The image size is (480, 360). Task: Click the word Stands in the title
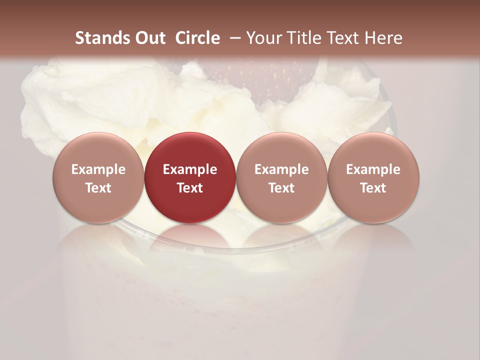pyautogui.click(x=100, y=38)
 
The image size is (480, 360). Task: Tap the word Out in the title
pyautogui.click(x=149, y=38)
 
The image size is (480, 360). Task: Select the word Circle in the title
pyautogui.click(x=197, y=38)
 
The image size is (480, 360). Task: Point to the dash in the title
pyautogui.click(x=233, y=38)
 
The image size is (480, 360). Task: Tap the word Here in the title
pyautogui.click(x=384, y=38)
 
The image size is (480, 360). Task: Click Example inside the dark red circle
pyautogui.click(x=190, y=169)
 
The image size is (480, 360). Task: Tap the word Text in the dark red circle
pyautogui.click(x=190, y=188)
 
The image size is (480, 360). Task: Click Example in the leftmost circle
pyautogui.click(x=98, y=169)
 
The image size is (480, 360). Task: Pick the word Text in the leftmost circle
pyautogui.click(x=98, y=188)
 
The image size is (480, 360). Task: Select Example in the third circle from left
pyautogui.click(x=281, y=169)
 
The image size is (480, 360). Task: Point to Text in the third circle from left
pyautogui.click(x=281, y=188)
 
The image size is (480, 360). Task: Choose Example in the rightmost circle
pyautogui.click(x=373, y=169)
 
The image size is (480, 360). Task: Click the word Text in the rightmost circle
pyautogui.click(x=373, y=188)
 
